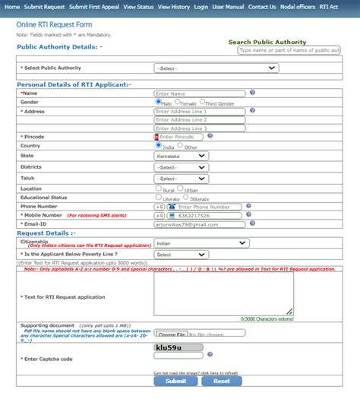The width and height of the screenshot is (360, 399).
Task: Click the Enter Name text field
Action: [x=200, y=93]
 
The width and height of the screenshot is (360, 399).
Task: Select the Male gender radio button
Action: [x=159, y=101]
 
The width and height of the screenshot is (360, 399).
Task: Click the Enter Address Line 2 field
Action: [x=200, y=119]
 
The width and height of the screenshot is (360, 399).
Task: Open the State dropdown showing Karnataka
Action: [x=181, y=155]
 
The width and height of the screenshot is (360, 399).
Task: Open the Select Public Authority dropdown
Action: [x=215, y=68]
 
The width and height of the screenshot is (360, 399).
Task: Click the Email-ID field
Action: [x=195, y=224]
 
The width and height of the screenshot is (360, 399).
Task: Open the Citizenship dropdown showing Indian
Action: [x=201, y=244]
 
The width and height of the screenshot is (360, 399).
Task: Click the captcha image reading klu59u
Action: [x=178, y=347]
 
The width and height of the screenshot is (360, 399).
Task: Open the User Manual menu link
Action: [x=229, y=6]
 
